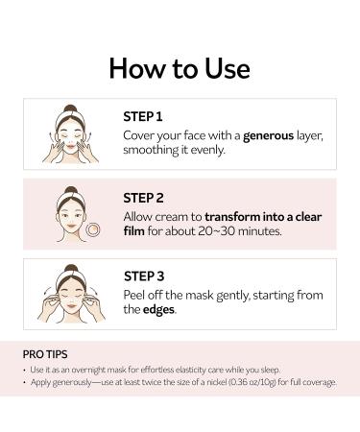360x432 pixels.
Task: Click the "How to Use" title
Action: [x=180, y=68]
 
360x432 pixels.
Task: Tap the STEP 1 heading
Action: [x=143, y=117]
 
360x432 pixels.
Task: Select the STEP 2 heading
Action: [x=143, y=198]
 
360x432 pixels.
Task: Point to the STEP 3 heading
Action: [x=144, y=276]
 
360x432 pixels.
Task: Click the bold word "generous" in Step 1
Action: [x=268, y=136]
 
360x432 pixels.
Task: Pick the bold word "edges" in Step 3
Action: [x=158, y=310]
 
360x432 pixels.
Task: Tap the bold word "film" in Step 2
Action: [x=134, y=230]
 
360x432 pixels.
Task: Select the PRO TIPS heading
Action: [x=45, y=354]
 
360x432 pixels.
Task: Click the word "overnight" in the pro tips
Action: [x=88, y=370]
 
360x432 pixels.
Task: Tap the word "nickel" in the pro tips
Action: [x=217, y=382]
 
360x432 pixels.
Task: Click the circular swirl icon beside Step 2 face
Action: [x=93, y=229]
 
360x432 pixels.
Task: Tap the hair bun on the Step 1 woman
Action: [x=70, y=108]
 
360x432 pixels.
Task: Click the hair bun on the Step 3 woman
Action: [x=71, y=269]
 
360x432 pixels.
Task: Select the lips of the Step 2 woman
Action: [x=71, y=227]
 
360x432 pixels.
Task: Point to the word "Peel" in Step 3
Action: [x=134, y=295]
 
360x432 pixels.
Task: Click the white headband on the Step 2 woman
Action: [x=71, y=197]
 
